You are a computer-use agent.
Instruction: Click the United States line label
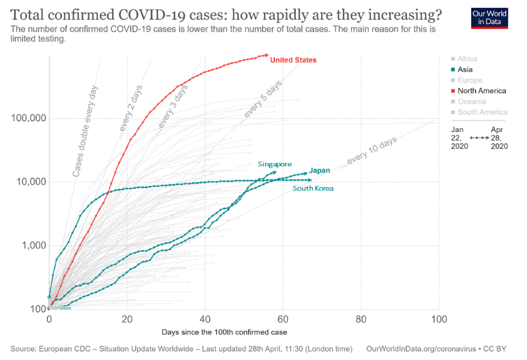pyautogui.click(x=293, y=60)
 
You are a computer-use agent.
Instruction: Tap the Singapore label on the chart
pyautogui.click(x=275, y=164)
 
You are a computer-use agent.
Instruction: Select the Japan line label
pyautogui.click(x=320, y=171)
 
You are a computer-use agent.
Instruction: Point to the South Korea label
pyautogui.click(x=313, y=188)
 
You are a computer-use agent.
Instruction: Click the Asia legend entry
pyautogui.click(x=467, y=70)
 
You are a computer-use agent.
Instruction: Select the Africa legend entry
pyautogui.click(x=467, y=59)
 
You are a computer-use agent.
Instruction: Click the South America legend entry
pyautogui.click(x=482, y=113)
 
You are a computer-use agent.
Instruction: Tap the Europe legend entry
pyautogui.click(x=469, y=80)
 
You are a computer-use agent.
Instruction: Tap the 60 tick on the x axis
pyautogui.click(x=283, y=320)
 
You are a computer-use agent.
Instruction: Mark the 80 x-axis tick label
pyautogui.click(x=361, y=320)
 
